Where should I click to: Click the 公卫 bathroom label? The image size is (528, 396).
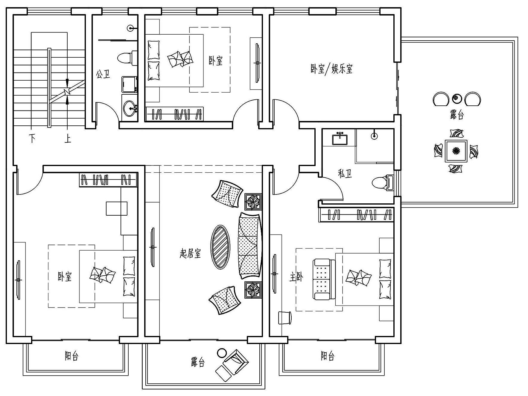point(103,74)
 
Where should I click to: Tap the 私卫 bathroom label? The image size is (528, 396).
point(345,174)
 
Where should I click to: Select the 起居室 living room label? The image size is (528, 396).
point(190,254)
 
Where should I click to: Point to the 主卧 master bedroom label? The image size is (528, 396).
point(296,277)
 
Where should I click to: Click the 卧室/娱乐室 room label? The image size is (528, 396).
point(331,69)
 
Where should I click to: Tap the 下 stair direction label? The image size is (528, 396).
point(32,138)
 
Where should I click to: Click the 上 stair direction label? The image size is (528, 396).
point(68,138)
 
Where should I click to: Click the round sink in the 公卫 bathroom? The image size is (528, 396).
point(130,108)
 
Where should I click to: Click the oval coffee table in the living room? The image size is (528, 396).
point(220,247)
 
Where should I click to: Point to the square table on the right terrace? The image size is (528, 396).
point(456,151)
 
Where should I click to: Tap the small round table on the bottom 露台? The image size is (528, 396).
point(222,353)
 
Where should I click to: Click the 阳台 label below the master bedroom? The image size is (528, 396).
point(328,356)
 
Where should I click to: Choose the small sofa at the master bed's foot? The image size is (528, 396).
point(324,279)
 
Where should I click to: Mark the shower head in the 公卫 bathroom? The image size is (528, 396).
point(131,29)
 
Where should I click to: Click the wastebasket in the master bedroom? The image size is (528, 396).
point(285,317)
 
